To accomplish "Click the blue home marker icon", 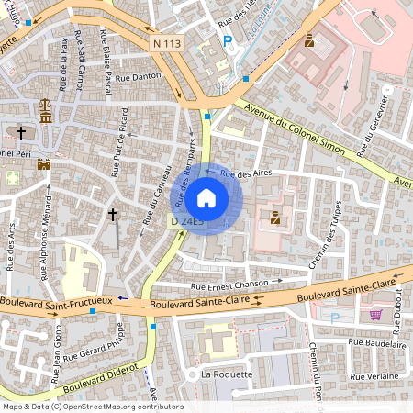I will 206,198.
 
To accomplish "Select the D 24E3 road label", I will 186,221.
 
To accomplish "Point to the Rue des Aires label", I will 242,172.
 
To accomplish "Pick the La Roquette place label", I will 224,375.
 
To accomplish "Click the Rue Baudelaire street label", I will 375,345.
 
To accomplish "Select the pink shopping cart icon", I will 374,314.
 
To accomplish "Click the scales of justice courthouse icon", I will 44,108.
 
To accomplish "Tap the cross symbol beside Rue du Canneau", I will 113,215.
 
